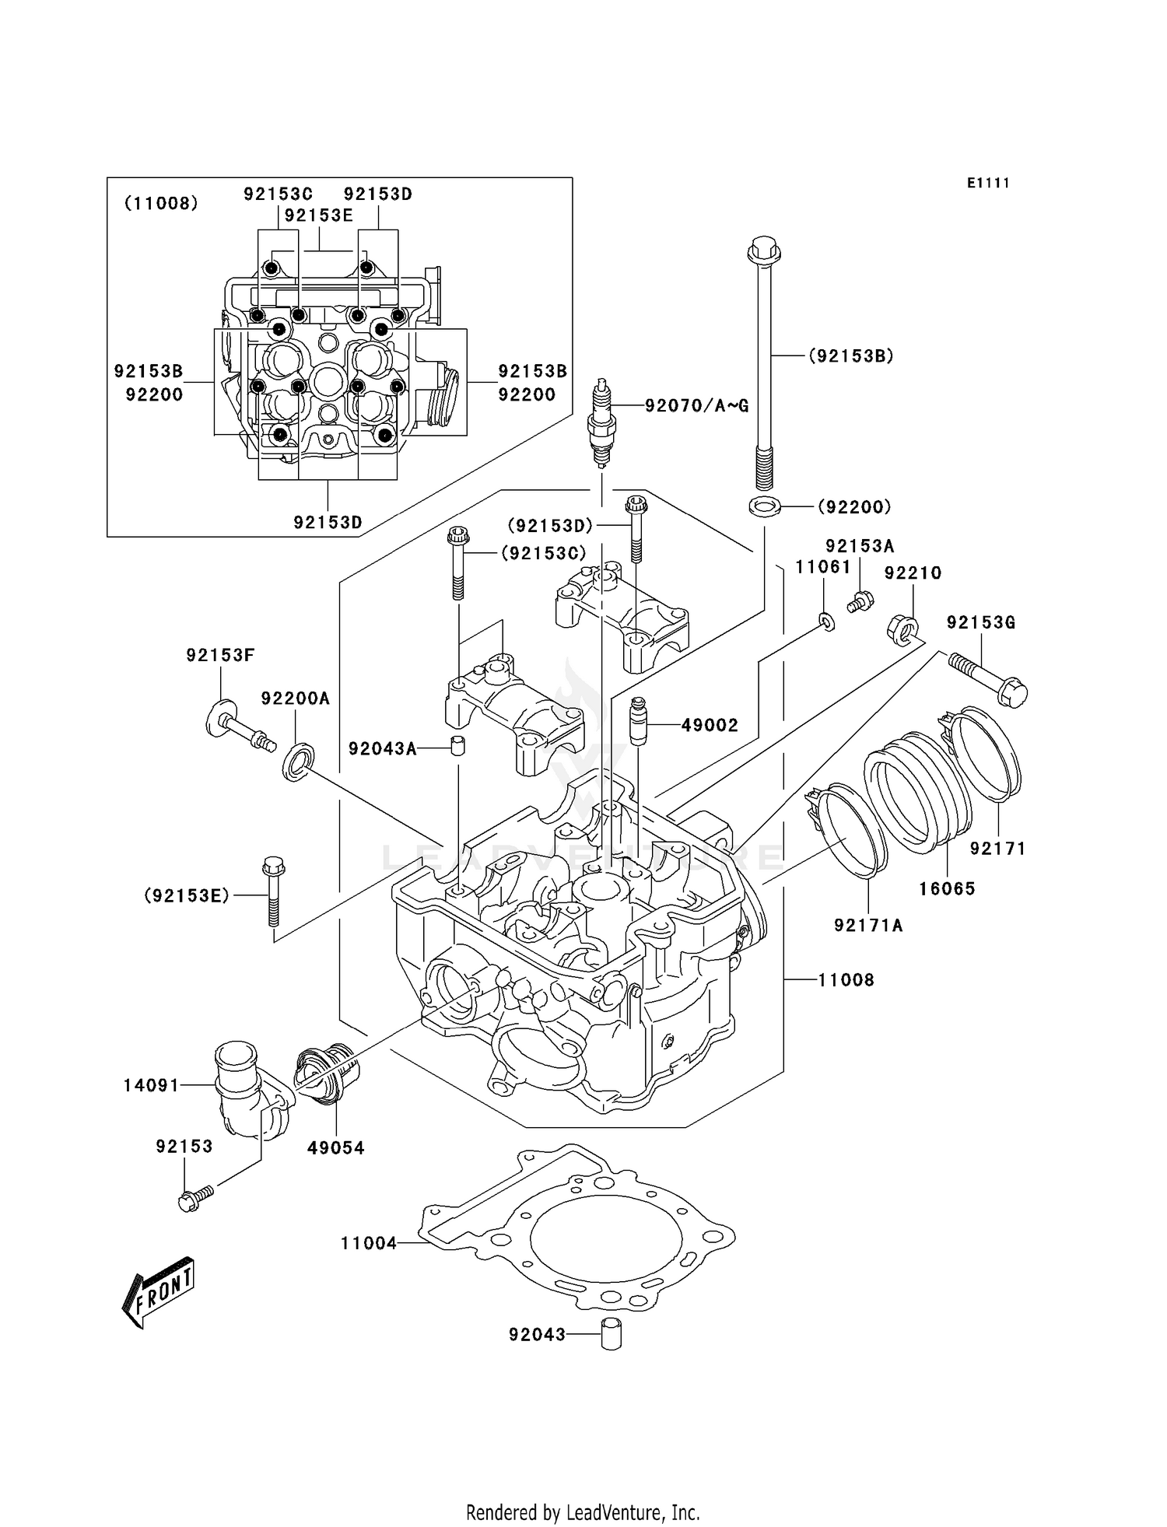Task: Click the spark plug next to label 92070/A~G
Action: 601,421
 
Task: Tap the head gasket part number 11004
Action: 368,1243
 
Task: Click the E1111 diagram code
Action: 988,183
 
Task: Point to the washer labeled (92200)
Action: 763,506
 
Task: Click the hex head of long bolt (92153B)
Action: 763,251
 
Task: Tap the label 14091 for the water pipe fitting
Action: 151,1084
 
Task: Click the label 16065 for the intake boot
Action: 946,888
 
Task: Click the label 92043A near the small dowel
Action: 382,748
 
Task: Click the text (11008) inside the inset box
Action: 162,203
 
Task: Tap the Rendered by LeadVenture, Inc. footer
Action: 583,1512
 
